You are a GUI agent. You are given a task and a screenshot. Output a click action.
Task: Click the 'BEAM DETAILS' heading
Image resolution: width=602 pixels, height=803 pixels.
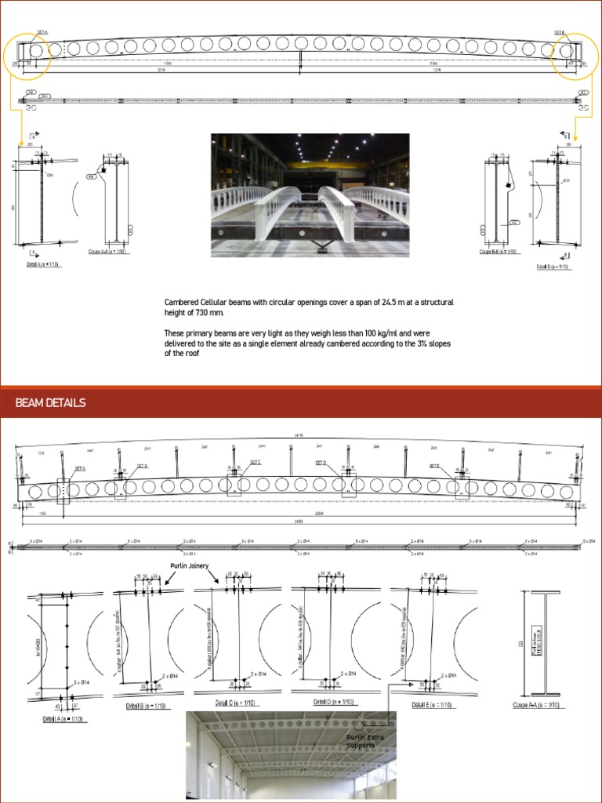point(50,403)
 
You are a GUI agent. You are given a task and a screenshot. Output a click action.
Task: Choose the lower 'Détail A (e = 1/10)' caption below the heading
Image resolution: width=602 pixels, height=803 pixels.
point(61,718)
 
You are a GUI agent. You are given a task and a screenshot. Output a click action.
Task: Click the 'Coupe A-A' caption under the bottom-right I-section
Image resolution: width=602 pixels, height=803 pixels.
point(540,705)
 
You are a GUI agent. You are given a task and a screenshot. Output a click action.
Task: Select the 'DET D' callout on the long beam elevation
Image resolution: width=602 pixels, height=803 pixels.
point(321,463)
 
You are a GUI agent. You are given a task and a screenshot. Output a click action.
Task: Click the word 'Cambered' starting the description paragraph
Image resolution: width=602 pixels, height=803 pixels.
point(182,302)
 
